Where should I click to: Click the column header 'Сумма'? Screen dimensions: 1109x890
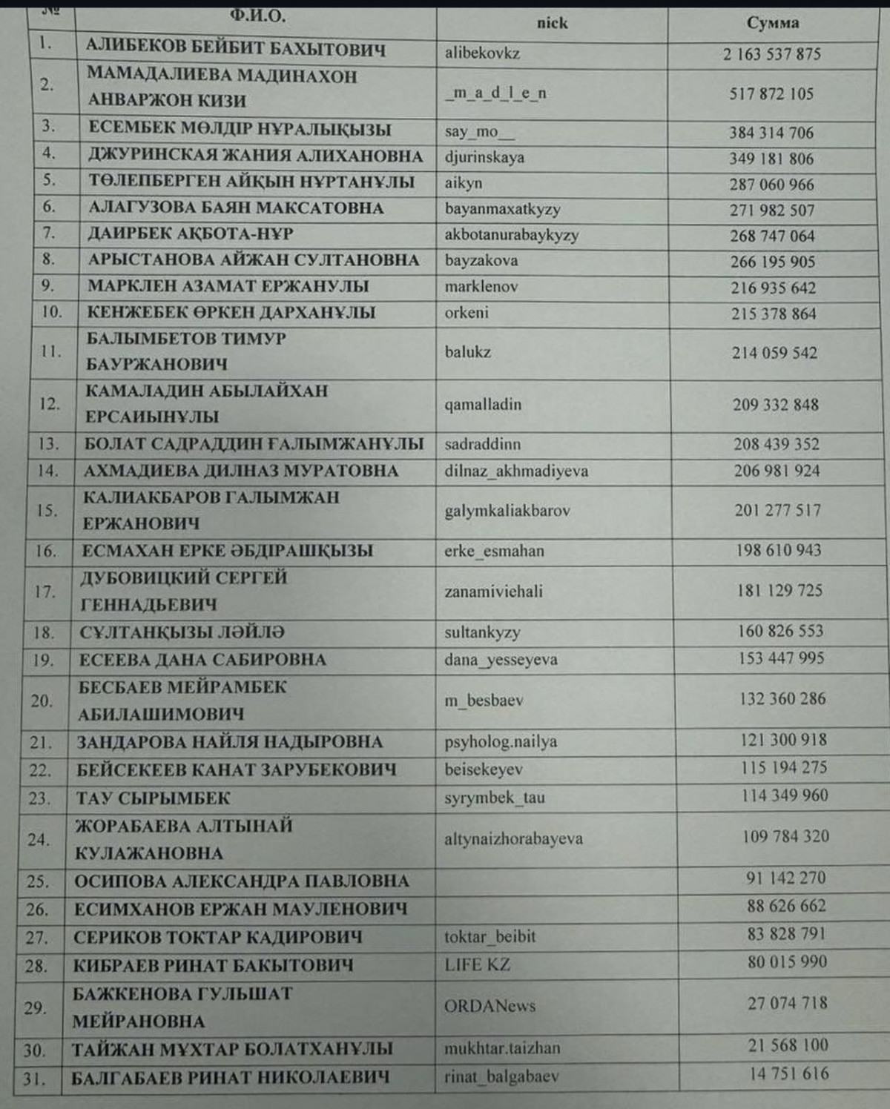pyautogui.click(x=773, y=23)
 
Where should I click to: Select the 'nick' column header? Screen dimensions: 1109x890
pyautogui.click(x=552, y=23)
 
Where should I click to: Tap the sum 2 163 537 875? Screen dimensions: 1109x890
pyautogui.click(x=772, y=54)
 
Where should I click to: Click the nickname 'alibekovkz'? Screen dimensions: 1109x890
pyautogui.click(x=482, y=53)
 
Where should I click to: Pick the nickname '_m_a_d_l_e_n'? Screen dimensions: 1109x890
pyautogui.click(x=496, y=93)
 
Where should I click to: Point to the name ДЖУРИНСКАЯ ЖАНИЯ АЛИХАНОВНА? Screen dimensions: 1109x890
pyautogui.click(x=255, y=156)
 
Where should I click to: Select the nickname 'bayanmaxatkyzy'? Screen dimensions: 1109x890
pyautogui.click(x=502, y=209)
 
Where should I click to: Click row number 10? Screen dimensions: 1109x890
pyautogui.click(x=51, y=312)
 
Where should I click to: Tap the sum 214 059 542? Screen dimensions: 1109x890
pyautogui.click(x=774, y=353)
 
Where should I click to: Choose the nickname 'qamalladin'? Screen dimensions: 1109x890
pyautogui.click(x=483, y=405)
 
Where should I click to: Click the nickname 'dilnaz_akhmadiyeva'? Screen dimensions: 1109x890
pyautogui.click(x=516, y=471)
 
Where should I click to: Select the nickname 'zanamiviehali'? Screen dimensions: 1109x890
pyautogui.click(x=493, y=592)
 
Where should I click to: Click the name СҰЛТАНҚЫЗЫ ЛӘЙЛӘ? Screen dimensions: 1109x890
pyautogui.click(x=182, y=632)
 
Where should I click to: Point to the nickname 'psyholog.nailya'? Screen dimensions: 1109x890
pyautogui.click(x=501, y=741)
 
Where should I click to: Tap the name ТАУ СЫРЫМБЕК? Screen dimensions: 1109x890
pyautogui.click(x=153, y=798)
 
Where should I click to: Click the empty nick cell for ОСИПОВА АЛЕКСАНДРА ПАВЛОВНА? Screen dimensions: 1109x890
pyautogui.click(x=556, y=881)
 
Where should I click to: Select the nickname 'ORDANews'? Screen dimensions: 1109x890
pyautogui.click(x=489, y=1007)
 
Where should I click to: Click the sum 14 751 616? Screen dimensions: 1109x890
pyautogui.click(x=788, y=1074)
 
